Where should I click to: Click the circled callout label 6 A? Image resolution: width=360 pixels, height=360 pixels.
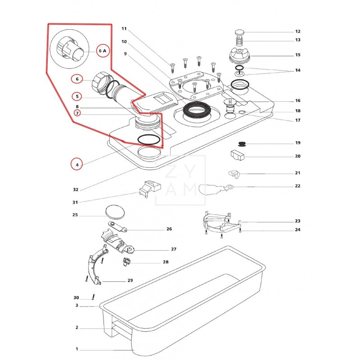pyautogui.click(x=103, y=50)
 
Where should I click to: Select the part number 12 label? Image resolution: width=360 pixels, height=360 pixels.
pyautogui.click(x=298, y=31)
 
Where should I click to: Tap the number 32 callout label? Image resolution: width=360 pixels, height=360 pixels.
pyautogui.click(x=76, y=189)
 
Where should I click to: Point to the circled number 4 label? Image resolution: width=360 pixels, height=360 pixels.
pyautogui.click(x=77, y=164)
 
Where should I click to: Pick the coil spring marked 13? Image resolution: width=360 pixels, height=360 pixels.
pyautogui.click(x=240, y=42)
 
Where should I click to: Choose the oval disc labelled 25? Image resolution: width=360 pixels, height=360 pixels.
pyautogui.click(x=115, y=212)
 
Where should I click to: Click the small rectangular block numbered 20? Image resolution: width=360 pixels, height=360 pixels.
pyautogui.click(x=238, y=155)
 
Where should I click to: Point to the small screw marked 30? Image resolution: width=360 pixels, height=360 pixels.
pyautogui.click(x=93, y=297)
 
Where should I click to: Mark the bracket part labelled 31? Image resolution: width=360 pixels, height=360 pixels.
pyautogui.click(x=150, y=188)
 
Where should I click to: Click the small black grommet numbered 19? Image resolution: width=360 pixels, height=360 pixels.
pyautogui.click(x=242, y=144)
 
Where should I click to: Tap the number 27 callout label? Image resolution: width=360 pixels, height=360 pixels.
pyautogui.click(x=174, y=249)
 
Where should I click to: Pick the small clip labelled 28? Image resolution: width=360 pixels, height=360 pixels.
pyautogui.click(x=126, y=262)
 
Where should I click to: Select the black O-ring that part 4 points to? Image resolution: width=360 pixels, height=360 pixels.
pyautogui.click(x=148, y=140)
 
